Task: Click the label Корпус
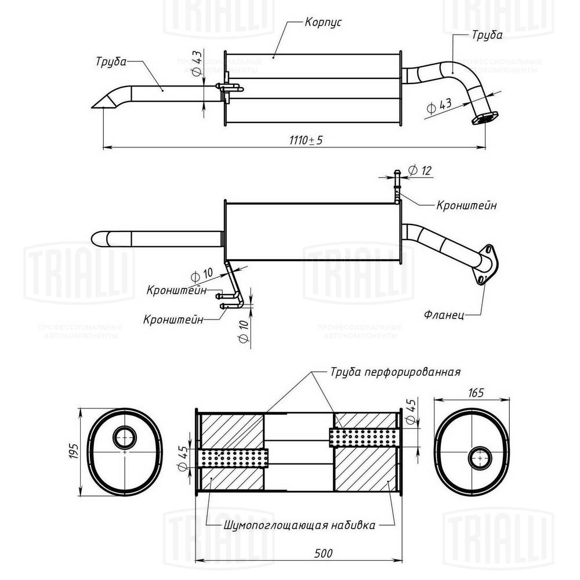pyautogui.click(x=323, y=22)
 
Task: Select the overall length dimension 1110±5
pyautogui.click(x=306, y=140)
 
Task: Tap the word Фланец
pyautogui.click(x=444, y=315)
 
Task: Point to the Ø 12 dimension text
pyautogui.click(x=420, y=171)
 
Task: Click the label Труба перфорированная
pyautogui.click(x=396, y=371)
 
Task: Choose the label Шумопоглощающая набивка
pyautogui.click(x=299, y=525)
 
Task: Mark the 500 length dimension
pyautogui.click(x=323, y=553)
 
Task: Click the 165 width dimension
pyautogui.click(x=476, y=393)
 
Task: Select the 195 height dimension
pyautogui.click(x=74, y=452)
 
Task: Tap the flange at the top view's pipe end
pyautogui.click(x=484, y=118)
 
